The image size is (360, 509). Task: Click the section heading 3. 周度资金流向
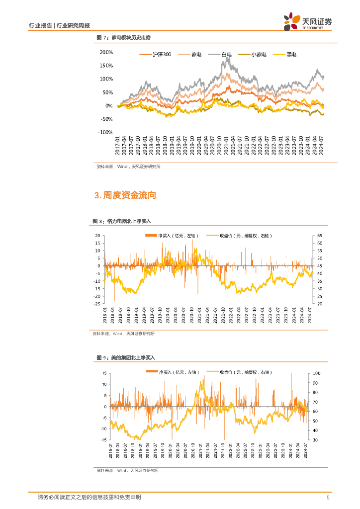coord(125,195)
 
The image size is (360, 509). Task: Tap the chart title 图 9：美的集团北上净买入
coord(126,357)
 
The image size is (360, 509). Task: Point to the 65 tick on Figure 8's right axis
coord(319,236)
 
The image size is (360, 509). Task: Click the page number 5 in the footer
coord(328,498)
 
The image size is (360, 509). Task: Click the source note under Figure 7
coord(128,167)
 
